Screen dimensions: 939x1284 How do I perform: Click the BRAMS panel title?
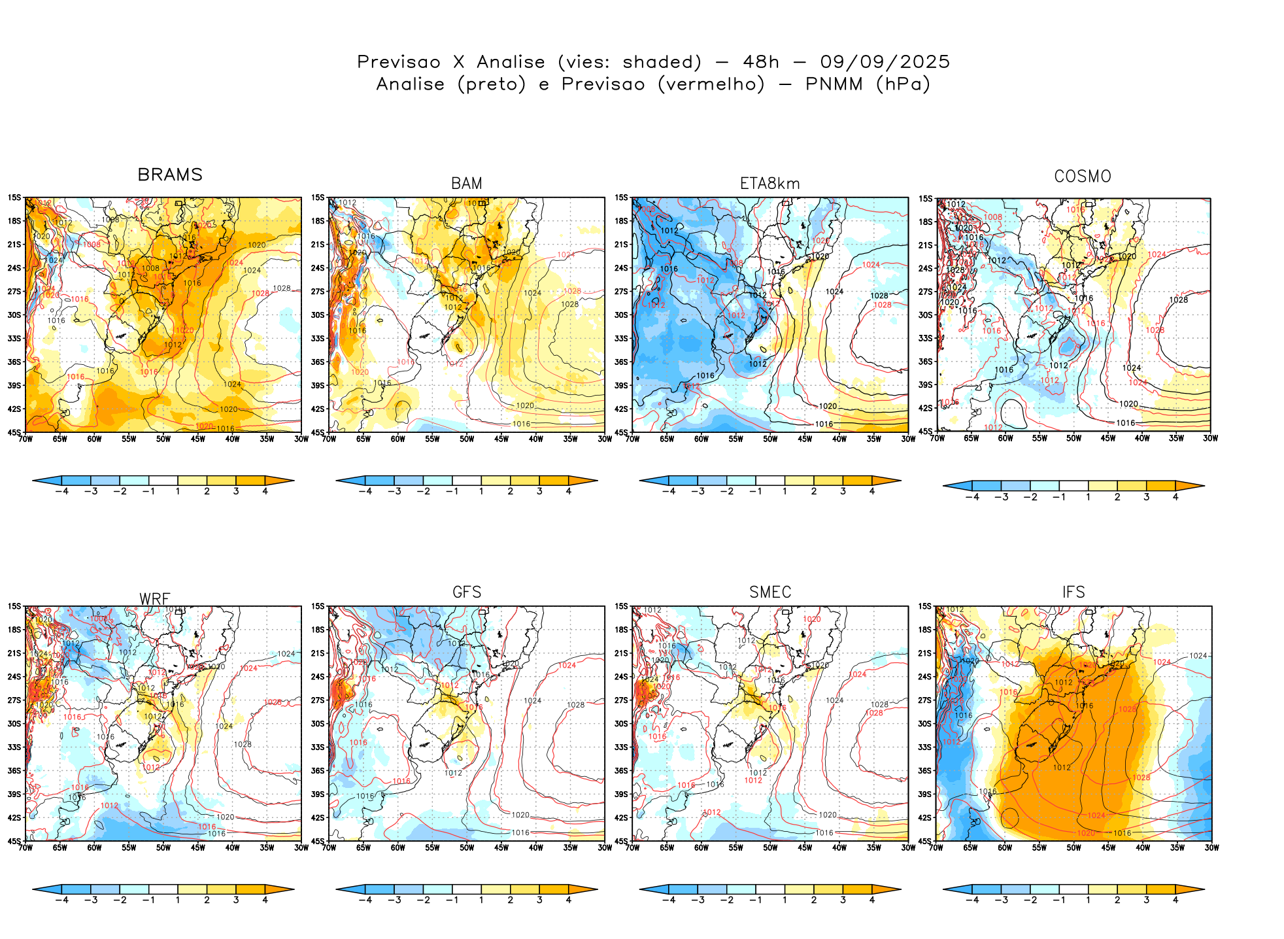click(170, 175)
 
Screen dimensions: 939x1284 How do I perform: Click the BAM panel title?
click(467, 184)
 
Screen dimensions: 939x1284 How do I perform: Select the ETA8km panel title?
click(769, 184)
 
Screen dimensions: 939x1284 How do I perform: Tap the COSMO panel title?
click(1083, 177)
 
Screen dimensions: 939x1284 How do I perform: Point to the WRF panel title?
click(155, 599)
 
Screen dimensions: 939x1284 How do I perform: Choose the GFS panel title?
click(467, 592)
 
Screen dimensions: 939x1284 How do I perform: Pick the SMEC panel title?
click(770, 592)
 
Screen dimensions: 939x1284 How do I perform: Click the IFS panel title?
click(1073, 592)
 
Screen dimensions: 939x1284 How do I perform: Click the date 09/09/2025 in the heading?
click(885, 62)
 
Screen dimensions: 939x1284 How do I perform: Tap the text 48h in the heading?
click(761, 62)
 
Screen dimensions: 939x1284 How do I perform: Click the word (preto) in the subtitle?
click(491, 84)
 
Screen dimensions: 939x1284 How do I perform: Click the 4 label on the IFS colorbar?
click(1175, 900)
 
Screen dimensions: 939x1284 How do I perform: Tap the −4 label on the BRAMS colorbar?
click(61, 491)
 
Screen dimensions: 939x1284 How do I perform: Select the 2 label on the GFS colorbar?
click(511, 900)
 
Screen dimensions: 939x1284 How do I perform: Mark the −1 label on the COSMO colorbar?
click(1059, 497)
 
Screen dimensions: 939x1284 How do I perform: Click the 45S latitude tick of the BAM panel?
click(318, 432)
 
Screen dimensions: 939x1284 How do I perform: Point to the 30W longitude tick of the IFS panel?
click(1211, 848)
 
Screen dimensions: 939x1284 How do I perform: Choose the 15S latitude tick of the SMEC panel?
click(621, 606)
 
